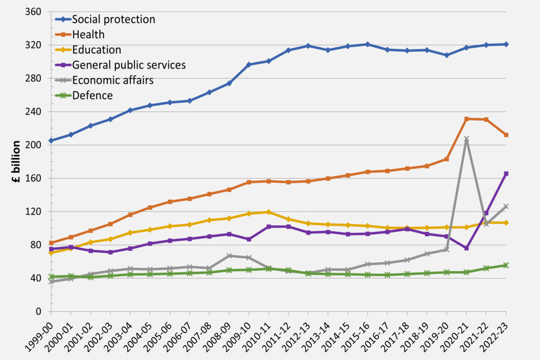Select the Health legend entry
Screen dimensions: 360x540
[88, 34]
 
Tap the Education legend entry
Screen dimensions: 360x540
[96, 49]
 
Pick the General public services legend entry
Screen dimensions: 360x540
[129, 65]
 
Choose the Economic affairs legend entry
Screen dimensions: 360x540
[112, 80]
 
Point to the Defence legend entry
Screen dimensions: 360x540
[92, 95]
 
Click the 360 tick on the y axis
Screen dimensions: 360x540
[35, 11]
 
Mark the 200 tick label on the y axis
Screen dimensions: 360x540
[35, 145]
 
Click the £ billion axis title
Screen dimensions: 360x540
[16, 161]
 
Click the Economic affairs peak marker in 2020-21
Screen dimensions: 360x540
[466, 138]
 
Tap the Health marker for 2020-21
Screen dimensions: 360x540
[466, 119]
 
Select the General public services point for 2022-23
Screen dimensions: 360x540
[506, 174]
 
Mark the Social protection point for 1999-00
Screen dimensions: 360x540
[51, 141]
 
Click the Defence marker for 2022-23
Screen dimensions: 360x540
[506, 265]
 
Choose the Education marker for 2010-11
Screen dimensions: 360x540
[268, 212]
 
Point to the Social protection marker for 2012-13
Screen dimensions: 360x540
[308, 46]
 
